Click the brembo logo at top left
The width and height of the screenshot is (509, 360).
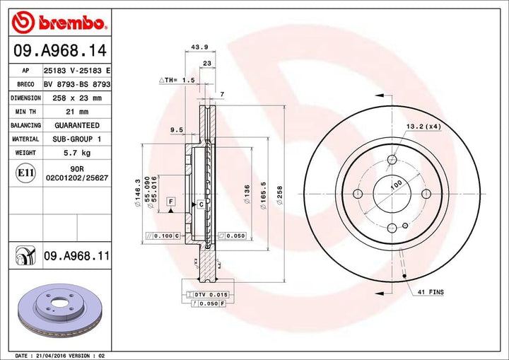60,23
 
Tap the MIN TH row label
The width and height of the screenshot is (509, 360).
25,112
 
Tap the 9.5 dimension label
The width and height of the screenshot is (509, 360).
177,129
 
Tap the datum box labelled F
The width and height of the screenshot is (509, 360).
170,202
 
